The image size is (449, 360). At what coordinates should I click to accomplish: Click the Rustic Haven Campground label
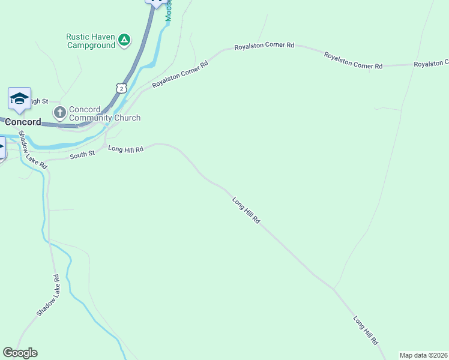pos(91,40)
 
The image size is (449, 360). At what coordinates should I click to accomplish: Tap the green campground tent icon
pos(124,40)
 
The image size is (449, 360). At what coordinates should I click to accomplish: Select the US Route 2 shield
pos(121,88)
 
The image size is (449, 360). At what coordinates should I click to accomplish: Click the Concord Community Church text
pos(104,113)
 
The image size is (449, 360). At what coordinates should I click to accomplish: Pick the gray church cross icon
pos(59,112)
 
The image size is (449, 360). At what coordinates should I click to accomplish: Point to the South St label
pos(82,154)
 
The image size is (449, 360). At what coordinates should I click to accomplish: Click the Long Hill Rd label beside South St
pos(126,149)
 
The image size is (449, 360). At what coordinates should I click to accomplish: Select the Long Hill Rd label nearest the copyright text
pos(366,330)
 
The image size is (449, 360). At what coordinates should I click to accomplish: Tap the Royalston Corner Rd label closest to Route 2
pos(179,74)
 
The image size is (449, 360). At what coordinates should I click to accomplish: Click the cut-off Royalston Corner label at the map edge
pos(431,63)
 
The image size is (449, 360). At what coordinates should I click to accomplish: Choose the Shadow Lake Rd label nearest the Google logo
pos(49,295)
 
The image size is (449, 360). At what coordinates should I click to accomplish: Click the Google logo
pos(20,353)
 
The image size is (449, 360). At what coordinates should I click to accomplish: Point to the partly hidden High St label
pos(37,101)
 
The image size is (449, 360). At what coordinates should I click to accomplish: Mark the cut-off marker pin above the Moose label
pos(156,2)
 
